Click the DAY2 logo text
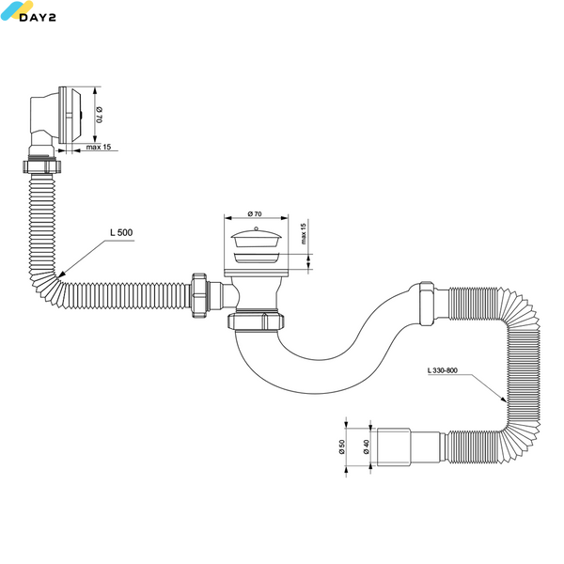[x=38, y=17]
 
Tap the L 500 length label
[x=121, y=232]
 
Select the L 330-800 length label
[x=443, y=370]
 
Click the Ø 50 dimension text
[x=342, y=446]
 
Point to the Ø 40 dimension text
[x=367, y=446]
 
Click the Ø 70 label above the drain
[x=255, y=214]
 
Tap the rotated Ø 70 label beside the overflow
[x=100, y=115]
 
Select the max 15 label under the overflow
[x=99, y=147]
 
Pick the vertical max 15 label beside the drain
[x=304, y=234]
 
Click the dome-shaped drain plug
[x=256, y=238]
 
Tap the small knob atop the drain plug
[x=256, y=228]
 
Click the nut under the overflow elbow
[x=42, y=166]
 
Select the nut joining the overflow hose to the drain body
[x=199, y=296]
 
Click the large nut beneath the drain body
[x=256, y=321]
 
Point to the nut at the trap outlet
[x=427, y=304]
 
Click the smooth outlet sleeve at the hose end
[x=394, y=447]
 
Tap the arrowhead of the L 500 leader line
[x=60, y=274]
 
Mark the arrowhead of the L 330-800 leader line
[x=503, y=399]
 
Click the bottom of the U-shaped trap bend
[x=317, y=392]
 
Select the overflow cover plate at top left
[x=70, y=115]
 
